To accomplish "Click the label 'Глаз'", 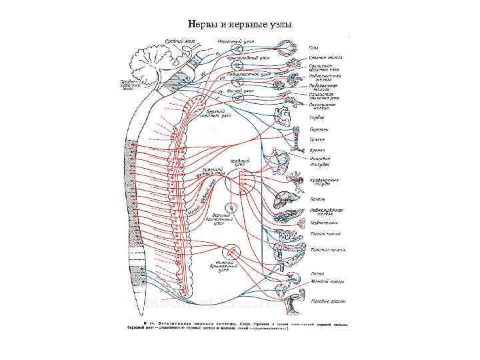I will click(x=314, y=47).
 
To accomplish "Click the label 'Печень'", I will click(x=318, y=199).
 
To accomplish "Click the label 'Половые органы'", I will click(x=329, y=301).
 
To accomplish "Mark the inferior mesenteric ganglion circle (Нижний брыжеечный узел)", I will click(x=233, y=251).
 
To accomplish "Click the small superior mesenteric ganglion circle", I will click(x=231, y=208).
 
